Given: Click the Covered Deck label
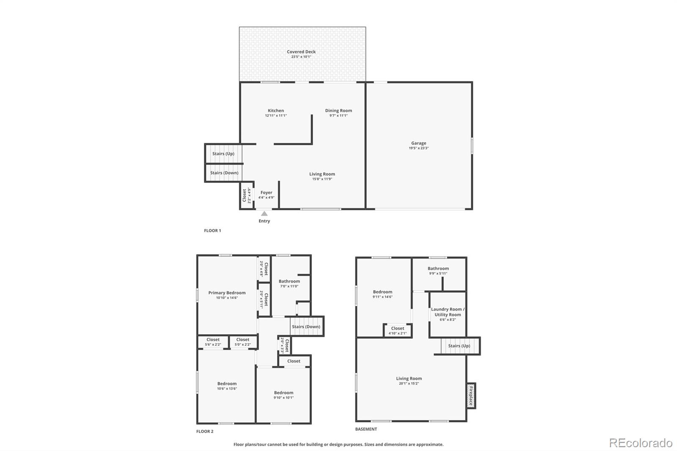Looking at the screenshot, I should tap(301, 52).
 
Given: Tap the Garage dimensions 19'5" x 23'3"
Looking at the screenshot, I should tap(418, 148).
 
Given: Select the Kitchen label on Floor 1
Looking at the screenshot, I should tap(276, 110).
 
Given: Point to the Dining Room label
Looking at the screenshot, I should tap(338, 110).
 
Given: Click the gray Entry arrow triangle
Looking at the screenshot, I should tap(264, 214).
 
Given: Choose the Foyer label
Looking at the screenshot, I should tap(266, 192).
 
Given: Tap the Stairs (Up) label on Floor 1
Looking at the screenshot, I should tap(223, 154).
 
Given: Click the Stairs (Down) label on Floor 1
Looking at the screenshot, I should tap(224, 173).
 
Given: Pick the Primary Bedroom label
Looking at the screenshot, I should tap(227, 293).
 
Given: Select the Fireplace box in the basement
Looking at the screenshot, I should tap(471, 396).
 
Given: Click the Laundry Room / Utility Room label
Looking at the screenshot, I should tap(448, 312).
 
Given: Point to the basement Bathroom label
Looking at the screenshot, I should tap(438, 268).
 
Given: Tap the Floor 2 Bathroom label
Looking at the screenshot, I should tap(289, 281).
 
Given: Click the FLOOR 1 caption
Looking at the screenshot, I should tap(212, 231).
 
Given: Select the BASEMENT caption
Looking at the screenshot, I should tap(366, 429).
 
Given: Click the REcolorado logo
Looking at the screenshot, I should tap(641, 443).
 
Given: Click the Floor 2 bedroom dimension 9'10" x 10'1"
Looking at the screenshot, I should tap(283, 398).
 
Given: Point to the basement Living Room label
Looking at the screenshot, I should tap(409, 379).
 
